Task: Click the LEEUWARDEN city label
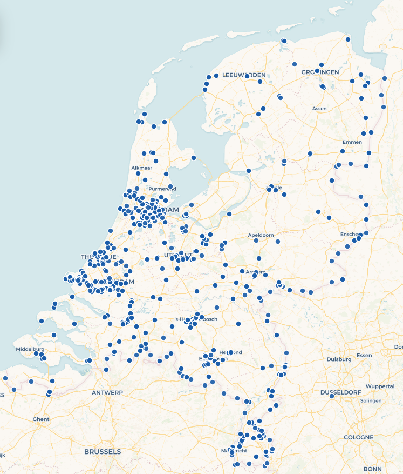point(244,75)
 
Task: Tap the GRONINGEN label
point(320,72)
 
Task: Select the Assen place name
point(319,109)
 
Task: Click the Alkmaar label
point(142,168)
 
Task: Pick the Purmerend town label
point(162,189)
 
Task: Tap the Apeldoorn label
point(261,236)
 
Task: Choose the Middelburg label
point(30,349)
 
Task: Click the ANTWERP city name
point(108,392)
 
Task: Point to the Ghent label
point(41,419)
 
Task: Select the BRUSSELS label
point(103,451)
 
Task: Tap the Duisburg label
point(339,359)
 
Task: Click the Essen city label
point(364,356)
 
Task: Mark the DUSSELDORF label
point(344,392)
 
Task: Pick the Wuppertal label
point(380,386)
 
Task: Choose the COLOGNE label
point(359,437)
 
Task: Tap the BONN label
point(372,469)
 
